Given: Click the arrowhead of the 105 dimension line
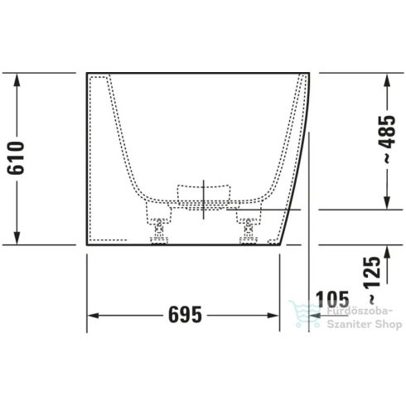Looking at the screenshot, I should point(315,316).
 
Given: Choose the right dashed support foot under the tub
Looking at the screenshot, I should point(246,226).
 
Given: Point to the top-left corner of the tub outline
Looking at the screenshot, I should point(87,73).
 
